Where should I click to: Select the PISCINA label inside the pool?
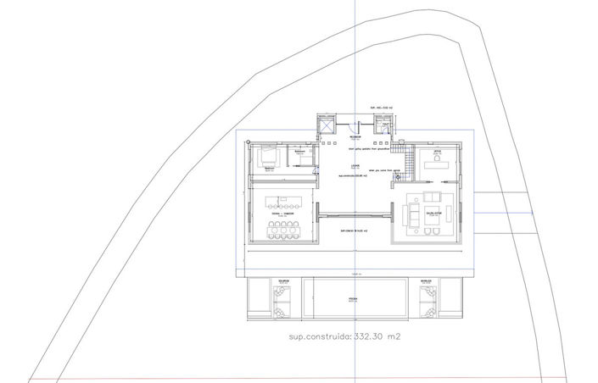pos(352,300)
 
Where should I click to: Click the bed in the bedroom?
pos(266,158)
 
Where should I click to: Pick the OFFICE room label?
pos(439,152)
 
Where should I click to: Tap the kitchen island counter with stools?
pos(283,203)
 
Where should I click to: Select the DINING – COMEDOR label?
pos(282,191)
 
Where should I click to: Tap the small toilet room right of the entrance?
pos(386,127)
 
